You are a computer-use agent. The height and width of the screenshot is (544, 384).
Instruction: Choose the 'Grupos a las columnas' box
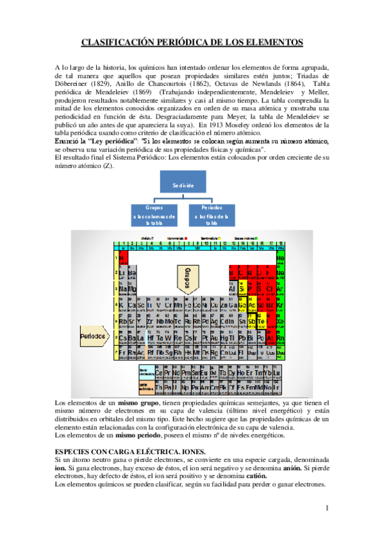tap(154, 216)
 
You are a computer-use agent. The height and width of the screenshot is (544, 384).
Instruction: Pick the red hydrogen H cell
tap(122, 259)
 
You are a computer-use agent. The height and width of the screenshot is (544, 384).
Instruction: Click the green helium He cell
tap(280, 259)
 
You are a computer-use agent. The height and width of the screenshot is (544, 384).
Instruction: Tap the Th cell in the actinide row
tap(159, 387)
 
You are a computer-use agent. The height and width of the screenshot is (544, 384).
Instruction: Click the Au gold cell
tap(215, 337)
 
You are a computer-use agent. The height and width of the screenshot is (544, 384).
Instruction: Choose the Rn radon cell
tap(280, 337)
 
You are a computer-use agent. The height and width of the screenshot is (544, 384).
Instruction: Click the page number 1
tap(326, 509)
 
